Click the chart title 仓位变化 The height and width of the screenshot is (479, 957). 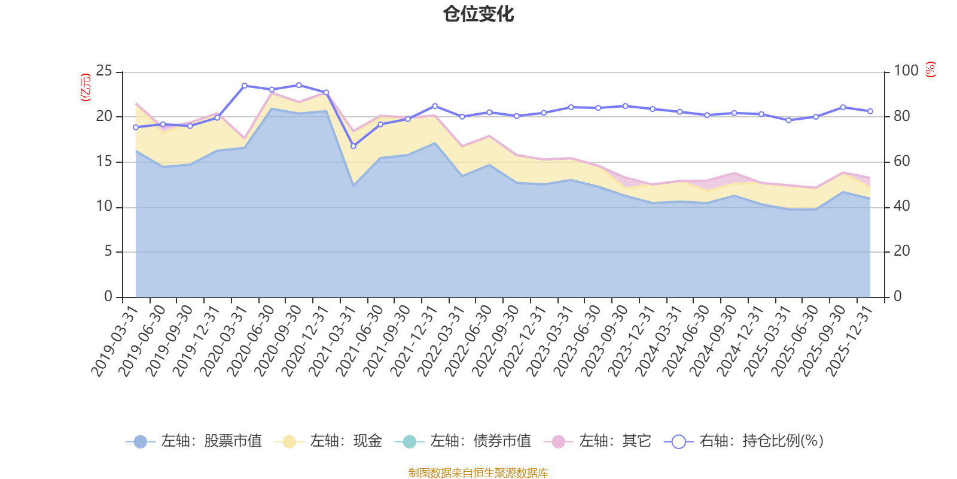(478, 14)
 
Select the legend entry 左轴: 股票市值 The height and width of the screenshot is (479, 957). (194, 441)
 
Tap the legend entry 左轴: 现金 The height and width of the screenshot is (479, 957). (328, 441)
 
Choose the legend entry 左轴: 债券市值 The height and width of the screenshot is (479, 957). (463, 441)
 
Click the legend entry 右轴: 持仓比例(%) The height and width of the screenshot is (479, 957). (744, 441)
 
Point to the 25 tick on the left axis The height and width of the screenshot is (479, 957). (104, 71)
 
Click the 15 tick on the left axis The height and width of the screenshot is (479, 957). (104, 162)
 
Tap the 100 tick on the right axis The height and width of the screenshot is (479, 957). (906, 71)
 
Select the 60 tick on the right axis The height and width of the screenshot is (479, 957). (902, 162)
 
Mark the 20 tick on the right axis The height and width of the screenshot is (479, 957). (902, 251)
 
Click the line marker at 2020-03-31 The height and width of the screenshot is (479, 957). (244, 86)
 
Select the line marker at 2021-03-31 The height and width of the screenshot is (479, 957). (353, 146)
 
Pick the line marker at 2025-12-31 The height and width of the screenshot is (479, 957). (870, 111)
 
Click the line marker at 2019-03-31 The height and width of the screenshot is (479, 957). (135, 127)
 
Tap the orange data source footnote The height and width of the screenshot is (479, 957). (478, 473)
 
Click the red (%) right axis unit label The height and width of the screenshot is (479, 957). (930, 69)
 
